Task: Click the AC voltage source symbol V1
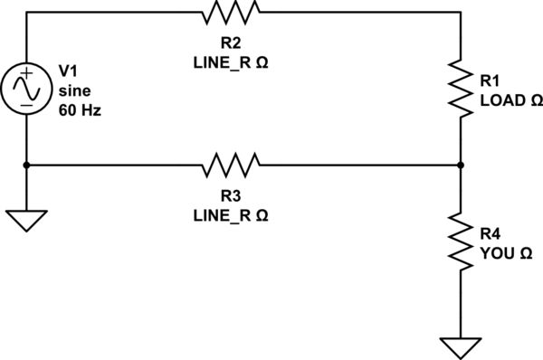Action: (x=27, y=89)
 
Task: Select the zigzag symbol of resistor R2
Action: (x=232, y=12)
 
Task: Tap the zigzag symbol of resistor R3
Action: (x=232, y=165)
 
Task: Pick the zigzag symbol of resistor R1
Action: (x=462, y=89)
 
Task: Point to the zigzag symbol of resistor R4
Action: (x=462, y=242)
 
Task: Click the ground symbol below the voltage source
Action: (x=27, y=220)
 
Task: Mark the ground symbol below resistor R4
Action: (x=462, y=346)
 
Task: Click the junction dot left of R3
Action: (x=27, y=165)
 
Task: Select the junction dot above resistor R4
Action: (x=462, y=165)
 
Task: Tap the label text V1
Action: (x=69, y=70)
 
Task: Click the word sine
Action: (x=74, y=90)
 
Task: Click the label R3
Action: (x=231, y=196)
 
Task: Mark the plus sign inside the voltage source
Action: (x=27, y=73)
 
